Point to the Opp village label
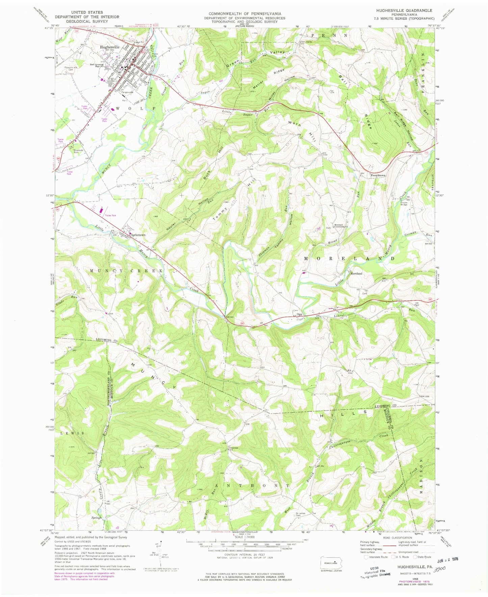pyautogui.click(x=299, y=315)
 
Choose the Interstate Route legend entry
pyautogui.click(x=376, y=567)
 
